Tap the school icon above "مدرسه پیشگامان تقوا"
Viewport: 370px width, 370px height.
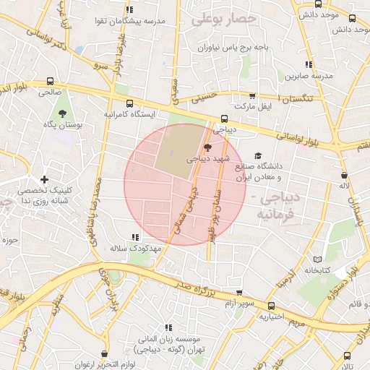click(x=129, y=9)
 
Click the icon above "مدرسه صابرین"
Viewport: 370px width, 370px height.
click(x=309, y=64)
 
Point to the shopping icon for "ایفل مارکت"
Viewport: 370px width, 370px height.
click(x=252, y=95)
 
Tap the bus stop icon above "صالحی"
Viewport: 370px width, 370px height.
click(x=50, y=82)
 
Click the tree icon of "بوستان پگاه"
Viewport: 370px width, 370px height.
click(x=62, y=113)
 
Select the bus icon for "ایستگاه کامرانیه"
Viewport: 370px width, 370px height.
click(x=129, y=103)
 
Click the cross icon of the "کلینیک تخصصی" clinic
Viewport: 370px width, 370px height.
click(x=45, y=178)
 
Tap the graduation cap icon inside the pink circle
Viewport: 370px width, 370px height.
click(x=208, y=147)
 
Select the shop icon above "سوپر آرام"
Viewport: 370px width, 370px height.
click(x=239, y=293)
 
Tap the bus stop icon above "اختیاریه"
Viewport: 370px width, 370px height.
click(x=271, y=306)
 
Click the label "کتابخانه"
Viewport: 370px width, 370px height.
click(x=317, y=270)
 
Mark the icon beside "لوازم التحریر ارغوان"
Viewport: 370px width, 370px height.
click(x=106, y=354)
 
